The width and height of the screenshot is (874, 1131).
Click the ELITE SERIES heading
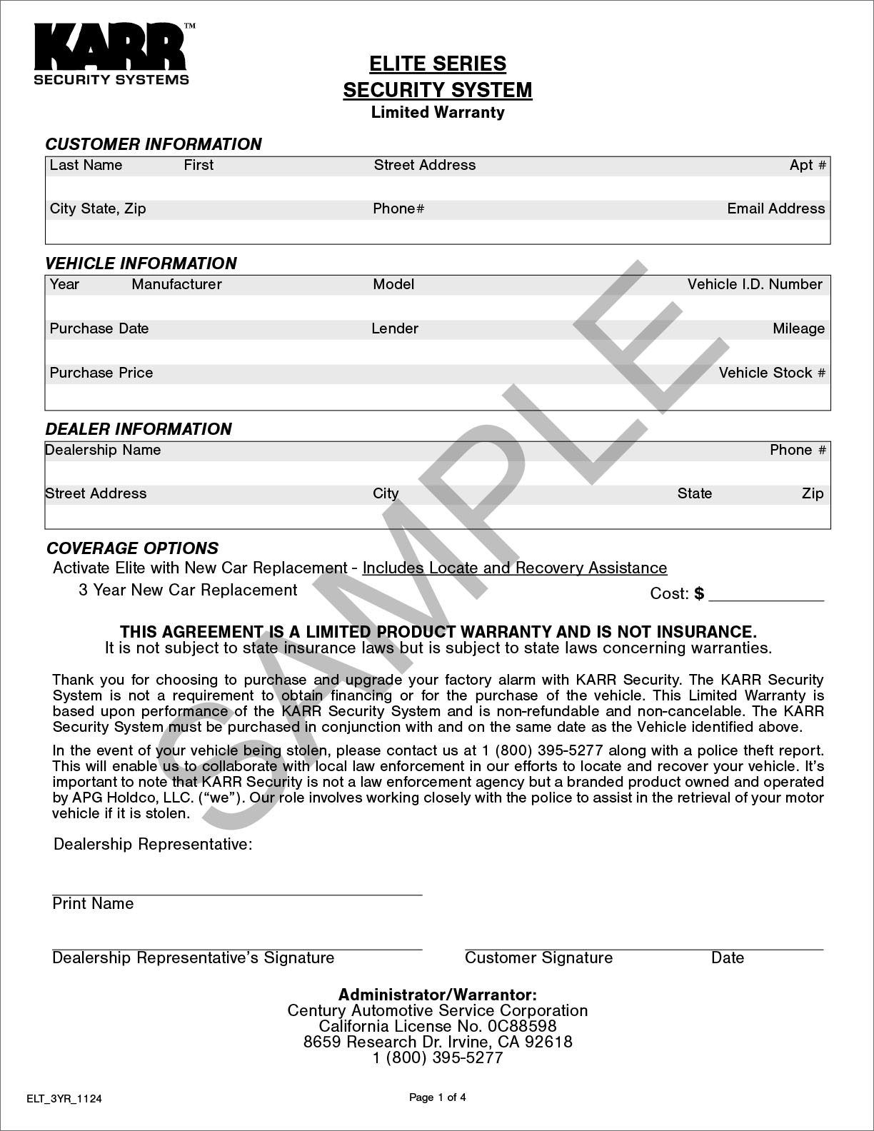(437, 64)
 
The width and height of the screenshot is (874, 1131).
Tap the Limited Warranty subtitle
(437, 112)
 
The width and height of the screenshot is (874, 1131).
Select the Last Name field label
(86, 165)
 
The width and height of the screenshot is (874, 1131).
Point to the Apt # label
(808, 165)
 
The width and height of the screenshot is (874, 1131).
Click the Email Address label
(775, 208)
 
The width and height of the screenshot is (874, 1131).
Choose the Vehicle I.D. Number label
(755, 284)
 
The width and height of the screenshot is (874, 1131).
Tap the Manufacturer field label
(176, 284)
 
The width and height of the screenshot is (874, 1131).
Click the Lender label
(395, 328)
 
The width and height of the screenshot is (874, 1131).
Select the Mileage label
(798, 328)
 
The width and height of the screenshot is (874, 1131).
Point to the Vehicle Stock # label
(772, 373)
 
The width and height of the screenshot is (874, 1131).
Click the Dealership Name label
(103, 450)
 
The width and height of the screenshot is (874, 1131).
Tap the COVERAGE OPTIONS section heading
(132, 548)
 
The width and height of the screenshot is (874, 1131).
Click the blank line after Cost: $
(765, 595)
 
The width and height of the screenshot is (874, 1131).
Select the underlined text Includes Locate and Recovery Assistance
(515, 568)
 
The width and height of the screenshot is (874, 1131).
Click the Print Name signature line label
(93, 903)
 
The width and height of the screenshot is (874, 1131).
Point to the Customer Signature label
(538, 957)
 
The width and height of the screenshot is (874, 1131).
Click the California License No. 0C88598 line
(437, 1026)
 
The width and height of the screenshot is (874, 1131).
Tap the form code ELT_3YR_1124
(64, 1099)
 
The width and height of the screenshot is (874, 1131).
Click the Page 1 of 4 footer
(437, 1097)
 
